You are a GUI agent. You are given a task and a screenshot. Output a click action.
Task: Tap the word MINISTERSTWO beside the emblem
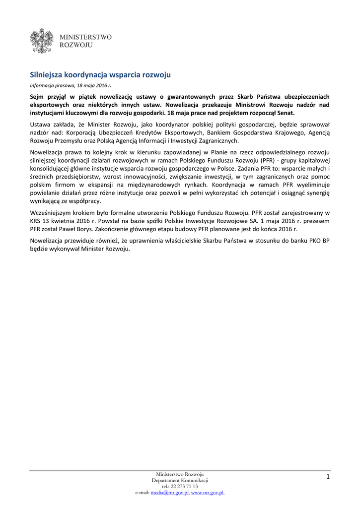point(85,37)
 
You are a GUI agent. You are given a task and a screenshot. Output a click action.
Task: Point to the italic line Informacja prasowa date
point(70,85)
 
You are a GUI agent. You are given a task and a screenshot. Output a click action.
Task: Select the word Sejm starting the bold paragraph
point(38,97)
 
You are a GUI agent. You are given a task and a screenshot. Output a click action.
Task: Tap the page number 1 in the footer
point(328,477)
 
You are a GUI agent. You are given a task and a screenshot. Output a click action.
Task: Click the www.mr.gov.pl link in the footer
point(207,493)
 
